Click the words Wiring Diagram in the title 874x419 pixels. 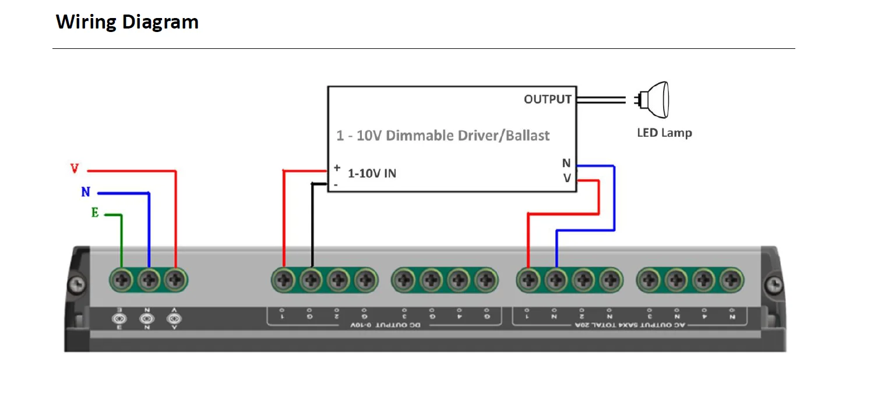[127, 22]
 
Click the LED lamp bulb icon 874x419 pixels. [653, 100]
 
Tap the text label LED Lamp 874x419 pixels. [664, 133]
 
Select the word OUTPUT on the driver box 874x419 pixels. [547, 100]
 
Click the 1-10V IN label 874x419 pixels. [372, 173]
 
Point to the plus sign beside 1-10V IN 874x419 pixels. [337, 168]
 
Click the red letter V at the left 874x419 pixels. [75, 169]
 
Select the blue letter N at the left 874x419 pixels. [86, 192]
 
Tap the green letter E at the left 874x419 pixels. [95, 213]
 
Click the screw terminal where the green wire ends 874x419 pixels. [122, 280]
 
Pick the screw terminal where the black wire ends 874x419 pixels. [311, 280]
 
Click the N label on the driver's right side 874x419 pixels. [566, 164]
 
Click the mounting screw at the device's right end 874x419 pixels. [773, 285]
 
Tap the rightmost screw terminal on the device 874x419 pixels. [731, 280]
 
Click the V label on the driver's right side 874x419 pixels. [567, 179]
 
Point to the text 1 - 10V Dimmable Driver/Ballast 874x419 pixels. [443, 136]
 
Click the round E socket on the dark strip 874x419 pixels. [120, 318]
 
